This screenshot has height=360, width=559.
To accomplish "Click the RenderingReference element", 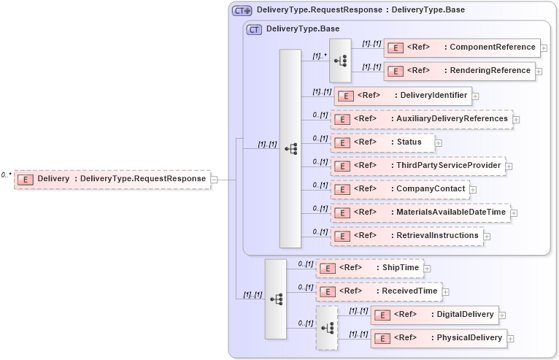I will (x=459, y=71).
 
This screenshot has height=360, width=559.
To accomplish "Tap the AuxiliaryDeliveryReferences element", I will (x=422, y=119).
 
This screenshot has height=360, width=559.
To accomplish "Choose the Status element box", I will (x=382, y=142).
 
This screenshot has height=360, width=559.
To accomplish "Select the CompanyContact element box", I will (x=399, y=189).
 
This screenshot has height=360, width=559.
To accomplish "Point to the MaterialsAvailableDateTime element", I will (x=421, y=212).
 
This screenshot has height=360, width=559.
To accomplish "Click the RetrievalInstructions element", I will (x=406, y=236).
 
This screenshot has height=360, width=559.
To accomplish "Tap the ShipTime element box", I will (x=369, y=268).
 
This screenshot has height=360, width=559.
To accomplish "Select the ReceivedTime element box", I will (x=379, y=291).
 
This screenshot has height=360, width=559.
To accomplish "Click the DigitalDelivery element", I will (x=434, y=315).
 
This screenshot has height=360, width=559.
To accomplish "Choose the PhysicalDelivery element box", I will (x=439, y=338).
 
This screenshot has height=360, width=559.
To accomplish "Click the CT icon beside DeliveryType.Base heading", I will (x=254, y=30).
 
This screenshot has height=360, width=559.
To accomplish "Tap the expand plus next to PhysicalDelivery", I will (x=511, y=339).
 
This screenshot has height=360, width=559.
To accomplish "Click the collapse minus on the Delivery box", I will (x=214, y=179).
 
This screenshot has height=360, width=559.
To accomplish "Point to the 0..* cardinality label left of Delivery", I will (x=6, y=175).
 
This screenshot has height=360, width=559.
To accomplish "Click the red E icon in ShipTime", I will (x=328, y=268).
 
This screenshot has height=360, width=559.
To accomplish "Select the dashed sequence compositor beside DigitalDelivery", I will (x=327, y=328).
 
